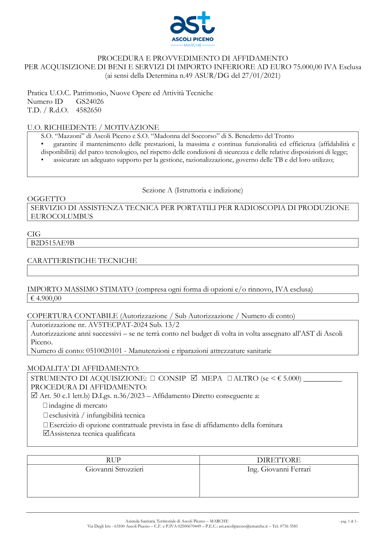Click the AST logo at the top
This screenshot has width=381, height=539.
(x=192, y=29)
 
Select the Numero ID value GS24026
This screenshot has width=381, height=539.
(x=90, y=101)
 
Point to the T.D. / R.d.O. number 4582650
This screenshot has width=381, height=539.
(x=88, y=110)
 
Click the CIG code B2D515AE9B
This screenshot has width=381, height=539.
(x=53, y=243)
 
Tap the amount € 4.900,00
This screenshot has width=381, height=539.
(x=46, y=298)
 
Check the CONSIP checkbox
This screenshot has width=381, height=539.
(x=153, y=379)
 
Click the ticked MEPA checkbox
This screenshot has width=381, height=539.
(x=194, y=378)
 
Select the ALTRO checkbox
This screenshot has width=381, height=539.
(x=230, y=379)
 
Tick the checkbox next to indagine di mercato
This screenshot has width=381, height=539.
(x=45, y=406)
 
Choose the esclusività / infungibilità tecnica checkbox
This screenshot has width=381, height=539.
(x=45, y=415)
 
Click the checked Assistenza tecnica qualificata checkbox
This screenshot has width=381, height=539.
(x=46, y=433)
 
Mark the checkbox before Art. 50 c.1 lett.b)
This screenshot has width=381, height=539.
(x=34, y=396)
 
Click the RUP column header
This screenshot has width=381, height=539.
(x=113, y=460)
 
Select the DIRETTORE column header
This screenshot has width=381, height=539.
(x=279, y=460)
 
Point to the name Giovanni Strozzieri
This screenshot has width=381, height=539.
(x=114, y=469)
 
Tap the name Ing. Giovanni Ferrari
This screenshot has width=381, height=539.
(x=279, y=469)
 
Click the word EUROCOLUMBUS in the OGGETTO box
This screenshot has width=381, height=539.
(x=62, y=217)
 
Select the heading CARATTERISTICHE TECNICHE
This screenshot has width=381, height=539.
(x=82, y=261)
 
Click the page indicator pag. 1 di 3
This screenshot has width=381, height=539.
(x=348, y=521)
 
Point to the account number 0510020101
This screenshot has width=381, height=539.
(x=104, y=351)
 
